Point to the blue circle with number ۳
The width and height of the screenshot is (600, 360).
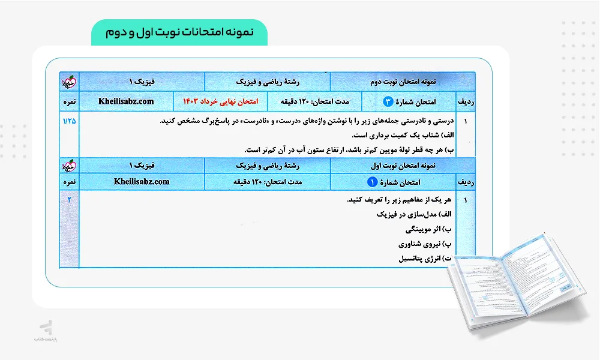coord(388,101)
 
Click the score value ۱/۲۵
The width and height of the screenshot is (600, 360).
coord(70,121)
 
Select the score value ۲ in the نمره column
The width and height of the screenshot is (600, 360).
coord(70,199)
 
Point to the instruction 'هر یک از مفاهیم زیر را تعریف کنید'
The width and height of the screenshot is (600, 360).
coord(403,199)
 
